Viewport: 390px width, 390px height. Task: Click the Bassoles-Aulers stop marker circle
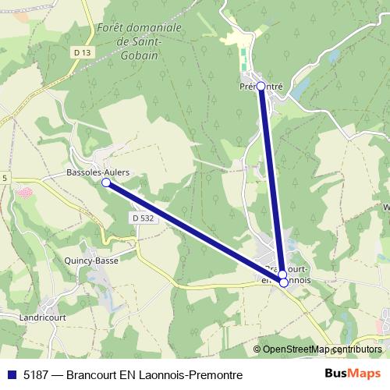106,182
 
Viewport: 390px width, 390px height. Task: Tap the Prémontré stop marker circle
261,87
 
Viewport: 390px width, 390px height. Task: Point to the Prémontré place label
261,87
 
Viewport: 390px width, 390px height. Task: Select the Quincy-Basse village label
91,261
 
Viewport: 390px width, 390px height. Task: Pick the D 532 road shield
143,219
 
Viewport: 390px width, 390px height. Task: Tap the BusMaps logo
353,374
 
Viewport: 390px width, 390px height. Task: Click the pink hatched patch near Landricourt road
24,192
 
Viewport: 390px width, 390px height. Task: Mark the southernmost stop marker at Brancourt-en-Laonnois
284,282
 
